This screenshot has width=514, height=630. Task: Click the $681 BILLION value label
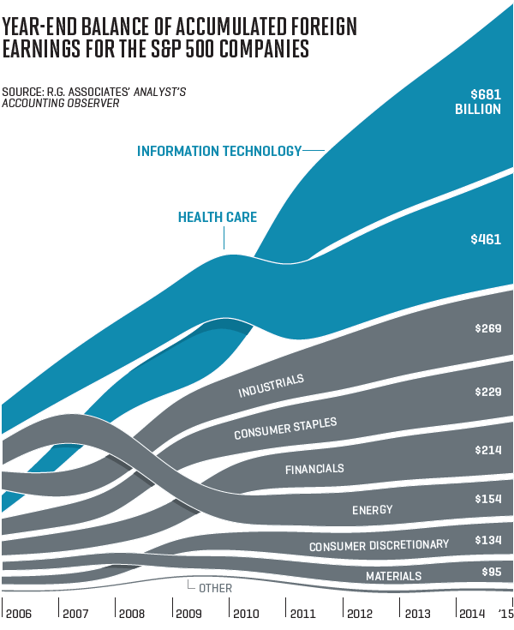click(485, 102)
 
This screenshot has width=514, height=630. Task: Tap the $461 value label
click(486, 240)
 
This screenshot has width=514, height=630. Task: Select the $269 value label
click(487, 328)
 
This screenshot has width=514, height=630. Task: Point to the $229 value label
click(487, 392)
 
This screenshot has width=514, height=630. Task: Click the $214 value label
click(487, 450)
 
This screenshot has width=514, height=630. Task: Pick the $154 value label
click(487, 499)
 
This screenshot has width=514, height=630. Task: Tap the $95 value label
click(489, 572)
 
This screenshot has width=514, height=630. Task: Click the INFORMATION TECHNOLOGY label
click(219, 152)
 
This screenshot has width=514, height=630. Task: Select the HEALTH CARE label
click(218, 218)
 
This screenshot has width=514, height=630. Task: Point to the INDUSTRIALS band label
click(271, 387)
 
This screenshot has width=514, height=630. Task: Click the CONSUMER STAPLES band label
click(285, 429)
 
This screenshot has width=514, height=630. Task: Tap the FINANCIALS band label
click(314, 469)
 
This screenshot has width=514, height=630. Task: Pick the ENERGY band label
click(372, 510)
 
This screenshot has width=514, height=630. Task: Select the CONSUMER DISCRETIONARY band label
click(379, 545)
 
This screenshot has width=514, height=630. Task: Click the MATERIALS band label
click(394, 576)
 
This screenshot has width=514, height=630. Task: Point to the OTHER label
click(215, 588)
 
